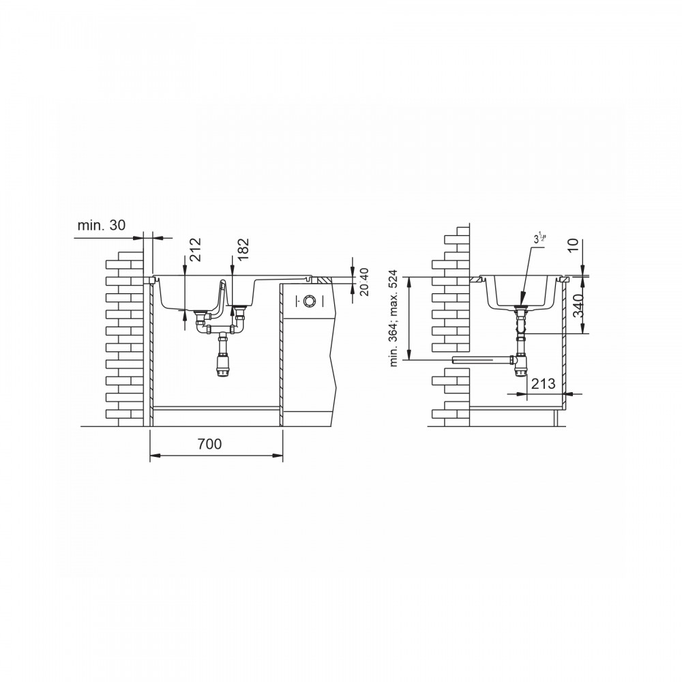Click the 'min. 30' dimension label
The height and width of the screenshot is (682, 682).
[x=102, y=225]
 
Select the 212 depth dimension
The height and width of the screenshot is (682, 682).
[x=195, y=249]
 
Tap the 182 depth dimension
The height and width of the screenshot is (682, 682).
[x=243, y=249]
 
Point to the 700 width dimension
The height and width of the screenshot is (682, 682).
[x=209, y=444]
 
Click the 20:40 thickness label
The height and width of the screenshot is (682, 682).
[x=364, y=282]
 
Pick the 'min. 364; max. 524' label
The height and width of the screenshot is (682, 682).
[x=394, y=318]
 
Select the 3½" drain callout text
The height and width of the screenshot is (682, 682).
[x=539, y=238]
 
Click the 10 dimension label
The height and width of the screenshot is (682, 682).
[x=574, y=246]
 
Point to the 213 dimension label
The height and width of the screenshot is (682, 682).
[x=544, y=383]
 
